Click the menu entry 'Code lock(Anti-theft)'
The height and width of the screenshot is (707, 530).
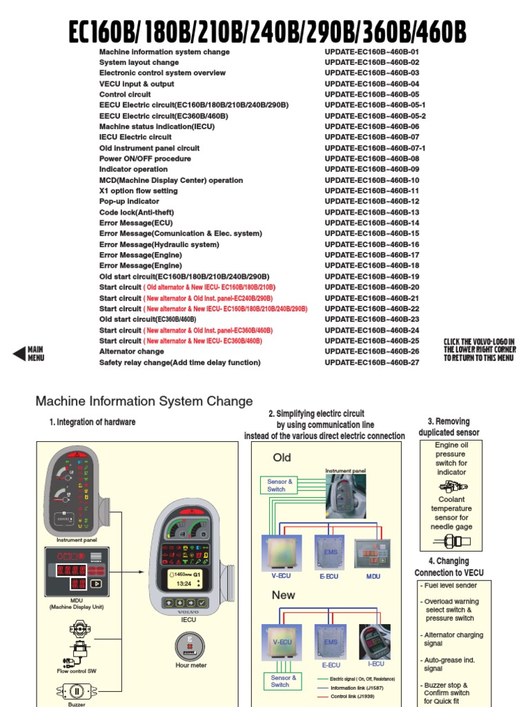(137, 212)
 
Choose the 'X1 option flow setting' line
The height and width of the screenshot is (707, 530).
(138, 191)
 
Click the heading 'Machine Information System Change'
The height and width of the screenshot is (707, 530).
(144, 401)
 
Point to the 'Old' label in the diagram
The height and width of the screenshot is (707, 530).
(282, 457)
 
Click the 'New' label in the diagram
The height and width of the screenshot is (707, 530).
(284, 594)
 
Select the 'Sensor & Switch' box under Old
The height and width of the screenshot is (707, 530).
(280, 485)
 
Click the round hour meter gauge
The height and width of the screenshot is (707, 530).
(188, 646)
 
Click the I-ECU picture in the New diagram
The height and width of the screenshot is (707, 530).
(375, 642)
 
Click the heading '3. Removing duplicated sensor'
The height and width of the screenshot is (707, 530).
(449, 427)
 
